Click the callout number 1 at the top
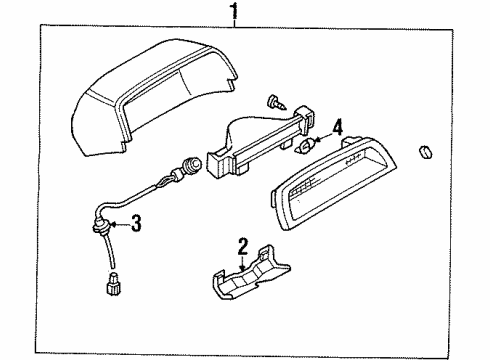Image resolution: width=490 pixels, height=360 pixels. [235, 11]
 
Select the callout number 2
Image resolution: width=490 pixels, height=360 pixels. [243, 246]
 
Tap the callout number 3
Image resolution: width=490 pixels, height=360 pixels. [136, 223]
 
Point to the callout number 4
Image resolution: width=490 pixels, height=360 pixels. [337, 128]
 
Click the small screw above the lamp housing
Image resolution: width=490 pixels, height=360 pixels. [276, 102]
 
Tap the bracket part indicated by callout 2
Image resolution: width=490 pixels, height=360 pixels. [251, 273]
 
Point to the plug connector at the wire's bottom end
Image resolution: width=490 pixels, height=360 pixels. [113, 283]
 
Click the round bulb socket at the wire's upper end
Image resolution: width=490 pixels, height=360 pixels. [193, 163]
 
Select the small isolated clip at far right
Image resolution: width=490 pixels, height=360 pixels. [425, 152]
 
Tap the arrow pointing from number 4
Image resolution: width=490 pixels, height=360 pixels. [323, 138]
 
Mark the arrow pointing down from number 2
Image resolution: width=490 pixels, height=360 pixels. [243, 263]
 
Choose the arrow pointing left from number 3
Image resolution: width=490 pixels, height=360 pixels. [120, 224]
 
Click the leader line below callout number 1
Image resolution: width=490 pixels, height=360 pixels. [235, 23]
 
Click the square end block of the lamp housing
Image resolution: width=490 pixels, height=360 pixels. [219, 164]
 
